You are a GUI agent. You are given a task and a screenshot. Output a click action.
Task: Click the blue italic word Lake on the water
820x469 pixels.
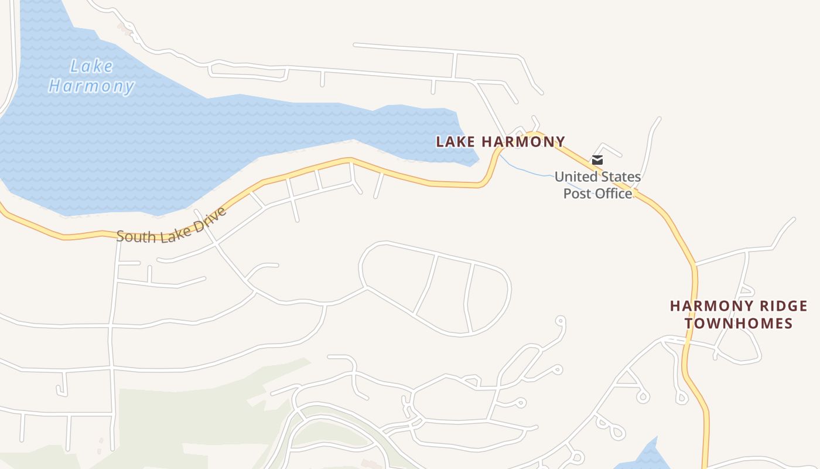(x=91, y=66)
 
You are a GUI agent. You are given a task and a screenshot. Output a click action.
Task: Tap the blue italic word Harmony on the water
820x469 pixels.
(x=91, y=87)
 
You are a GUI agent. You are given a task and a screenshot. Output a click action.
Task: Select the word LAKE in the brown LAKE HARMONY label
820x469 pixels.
(x=456, y=141)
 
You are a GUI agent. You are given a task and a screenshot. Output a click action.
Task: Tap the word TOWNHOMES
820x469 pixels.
(x=739, y=323)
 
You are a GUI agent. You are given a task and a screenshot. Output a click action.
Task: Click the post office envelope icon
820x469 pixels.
(x=597, y=159)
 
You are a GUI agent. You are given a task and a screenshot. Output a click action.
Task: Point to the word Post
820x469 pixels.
(x=576, y=193)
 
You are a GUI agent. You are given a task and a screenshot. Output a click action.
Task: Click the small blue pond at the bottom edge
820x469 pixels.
(x=644, y=457)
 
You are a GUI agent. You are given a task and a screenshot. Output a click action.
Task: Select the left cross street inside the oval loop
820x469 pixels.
(x=426, y=284)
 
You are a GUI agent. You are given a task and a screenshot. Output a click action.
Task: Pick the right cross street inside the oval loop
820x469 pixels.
(x=467, y=298)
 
